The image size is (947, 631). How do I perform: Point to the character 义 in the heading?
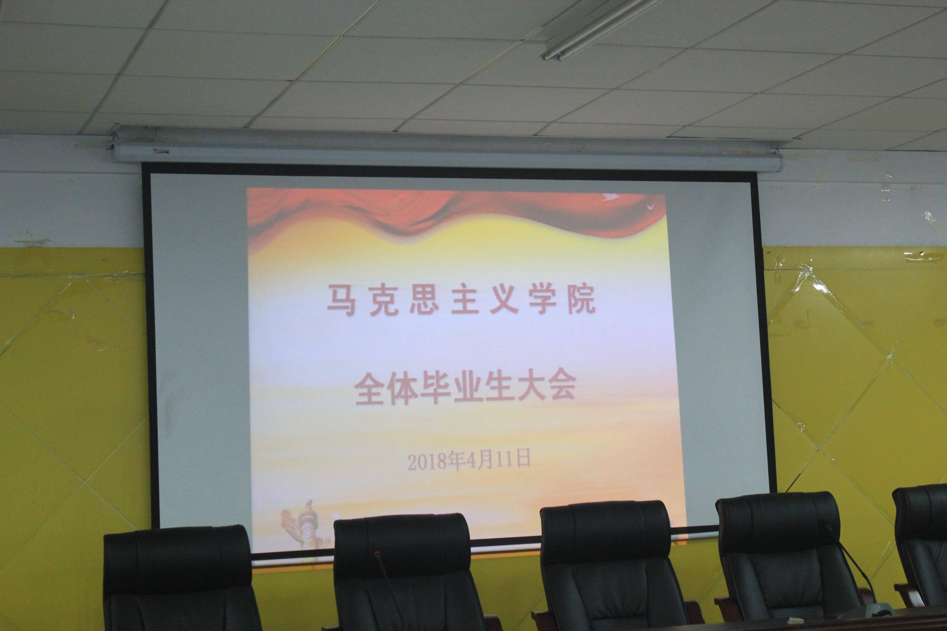tap(504, 300)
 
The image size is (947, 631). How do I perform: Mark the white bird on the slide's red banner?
tap(610, 197)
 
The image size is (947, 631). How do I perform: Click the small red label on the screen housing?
tap(160, 152)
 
